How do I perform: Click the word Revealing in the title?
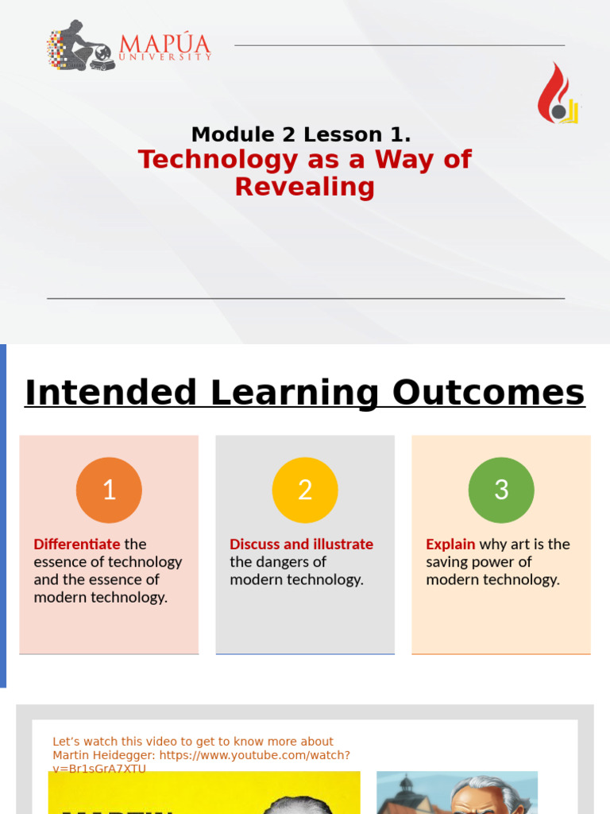tap(304, 187)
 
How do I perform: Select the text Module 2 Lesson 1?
tap(301, 134)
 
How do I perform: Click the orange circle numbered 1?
tap(109, 490)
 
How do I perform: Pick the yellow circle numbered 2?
tap(305, 490)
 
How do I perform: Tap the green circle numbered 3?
tap(501, 490)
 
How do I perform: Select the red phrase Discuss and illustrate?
tap(301, 545)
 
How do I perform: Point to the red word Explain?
tap(450, 545)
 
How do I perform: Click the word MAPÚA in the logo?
tap(164, 43)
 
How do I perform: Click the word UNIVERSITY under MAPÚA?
tap(164, 57)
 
